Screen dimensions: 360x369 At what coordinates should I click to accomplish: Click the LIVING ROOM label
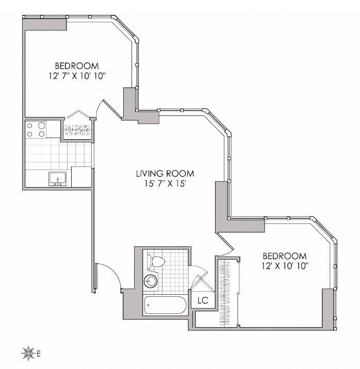165,174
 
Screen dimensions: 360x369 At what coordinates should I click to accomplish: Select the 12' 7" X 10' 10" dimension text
77,76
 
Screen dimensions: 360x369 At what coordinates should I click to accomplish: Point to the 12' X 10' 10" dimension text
285,266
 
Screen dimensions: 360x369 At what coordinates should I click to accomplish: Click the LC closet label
203,300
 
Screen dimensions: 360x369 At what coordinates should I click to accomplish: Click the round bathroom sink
151,281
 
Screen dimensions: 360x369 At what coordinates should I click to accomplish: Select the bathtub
165,305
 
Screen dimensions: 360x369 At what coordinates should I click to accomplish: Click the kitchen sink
58,179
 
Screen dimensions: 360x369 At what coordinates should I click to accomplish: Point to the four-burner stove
36,129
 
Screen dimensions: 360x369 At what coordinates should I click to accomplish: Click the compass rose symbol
28,354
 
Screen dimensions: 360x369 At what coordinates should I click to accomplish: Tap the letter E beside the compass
39,354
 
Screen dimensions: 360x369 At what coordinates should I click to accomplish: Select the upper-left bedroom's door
111,109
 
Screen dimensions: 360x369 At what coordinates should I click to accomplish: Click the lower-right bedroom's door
225,245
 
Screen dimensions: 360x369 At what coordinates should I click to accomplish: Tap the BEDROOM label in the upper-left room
77,65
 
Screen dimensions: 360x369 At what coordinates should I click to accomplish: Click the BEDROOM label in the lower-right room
285,256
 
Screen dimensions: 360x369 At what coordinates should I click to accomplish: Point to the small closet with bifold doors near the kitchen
78,129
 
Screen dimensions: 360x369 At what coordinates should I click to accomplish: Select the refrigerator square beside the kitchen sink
81,177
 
